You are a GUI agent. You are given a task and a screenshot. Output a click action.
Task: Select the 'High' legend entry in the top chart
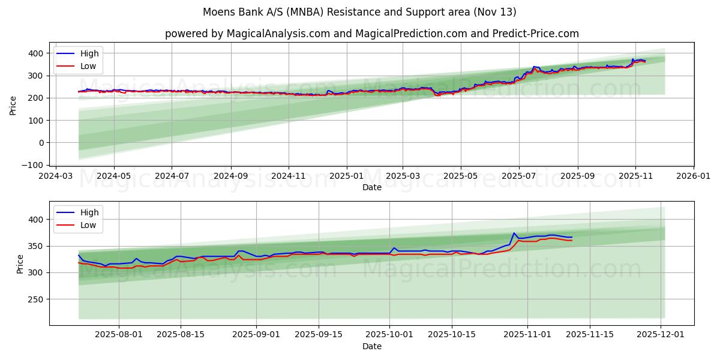[89, 53]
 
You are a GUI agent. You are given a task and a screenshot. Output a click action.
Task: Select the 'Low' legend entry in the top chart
[88, 66]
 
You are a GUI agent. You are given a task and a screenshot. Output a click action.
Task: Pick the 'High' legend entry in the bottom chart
[89, 212]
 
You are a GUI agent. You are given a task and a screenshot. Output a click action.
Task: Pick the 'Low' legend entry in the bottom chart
[88, 225]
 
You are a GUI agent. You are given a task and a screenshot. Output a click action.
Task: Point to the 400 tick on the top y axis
[37, 53]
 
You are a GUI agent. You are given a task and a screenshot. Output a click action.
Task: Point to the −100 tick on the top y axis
[35, 164]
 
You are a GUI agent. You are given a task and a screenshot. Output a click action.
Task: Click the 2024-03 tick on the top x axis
[56, 176]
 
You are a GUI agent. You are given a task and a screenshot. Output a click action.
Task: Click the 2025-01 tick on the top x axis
[347, 176]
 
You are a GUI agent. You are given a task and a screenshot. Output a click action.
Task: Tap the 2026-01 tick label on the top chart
[693, 176]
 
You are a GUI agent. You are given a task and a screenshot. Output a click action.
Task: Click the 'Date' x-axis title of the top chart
[371, 187]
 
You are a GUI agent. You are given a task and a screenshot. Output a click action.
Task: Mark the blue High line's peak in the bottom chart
[514, 233]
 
